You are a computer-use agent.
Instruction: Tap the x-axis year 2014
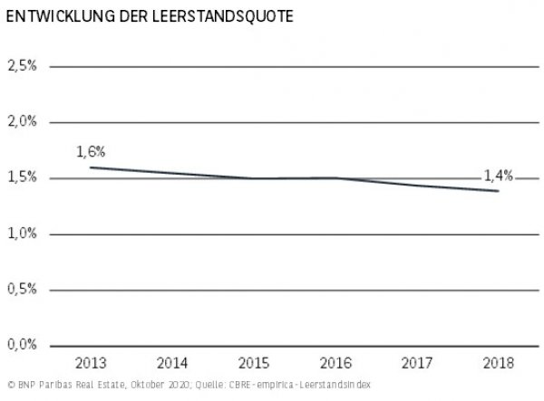(x=172, y=364)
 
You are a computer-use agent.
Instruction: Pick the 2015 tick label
(x=253, y=364)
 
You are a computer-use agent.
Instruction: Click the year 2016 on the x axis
(x=334, y=364)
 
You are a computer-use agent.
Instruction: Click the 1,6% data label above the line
(x=91, y=150)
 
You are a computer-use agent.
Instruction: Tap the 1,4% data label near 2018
(x=497, y=176)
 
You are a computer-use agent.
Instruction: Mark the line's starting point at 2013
(x=91, y=167)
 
